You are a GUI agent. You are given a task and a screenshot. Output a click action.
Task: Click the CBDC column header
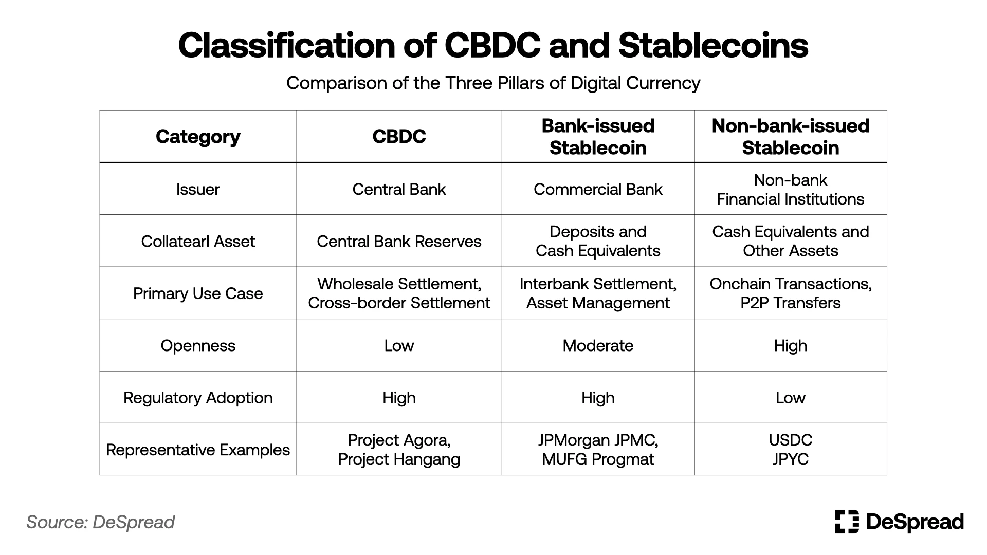[399, 137]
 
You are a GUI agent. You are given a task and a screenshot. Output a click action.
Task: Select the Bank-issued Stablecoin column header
[598, 137]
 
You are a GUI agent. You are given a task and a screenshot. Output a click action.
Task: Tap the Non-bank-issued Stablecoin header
[790, 137]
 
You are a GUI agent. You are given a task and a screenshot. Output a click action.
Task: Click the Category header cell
[198, 137]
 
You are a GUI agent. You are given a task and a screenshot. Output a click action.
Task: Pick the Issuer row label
[198, 190]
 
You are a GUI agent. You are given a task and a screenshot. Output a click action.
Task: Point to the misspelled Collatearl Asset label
[198, 242]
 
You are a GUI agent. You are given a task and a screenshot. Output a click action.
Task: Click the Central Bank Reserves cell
[399, 242]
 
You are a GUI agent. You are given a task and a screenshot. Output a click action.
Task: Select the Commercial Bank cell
[598, 190]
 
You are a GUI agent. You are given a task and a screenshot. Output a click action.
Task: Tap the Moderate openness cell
[598, 346]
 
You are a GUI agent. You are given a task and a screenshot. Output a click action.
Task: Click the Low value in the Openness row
[399, 346]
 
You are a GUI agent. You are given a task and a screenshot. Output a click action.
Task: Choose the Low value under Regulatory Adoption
[790, 398]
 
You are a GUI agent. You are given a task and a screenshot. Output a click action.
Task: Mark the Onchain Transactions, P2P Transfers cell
[790, 293]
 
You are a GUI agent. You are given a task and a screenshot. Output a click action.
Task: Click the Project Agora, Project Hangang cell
[399, 450]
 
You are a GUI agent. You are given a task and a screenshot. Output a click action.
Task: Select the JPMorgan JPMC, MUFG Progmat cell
[598, 450]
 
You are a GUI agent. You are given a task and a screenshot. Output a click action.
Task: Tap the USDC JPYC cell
[790, 450]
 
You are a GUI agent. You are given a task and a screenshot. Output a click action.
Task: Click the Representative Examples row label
[198, 450]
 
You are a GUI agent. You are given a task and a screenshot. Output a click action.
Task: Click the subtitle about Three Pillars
[493, 83]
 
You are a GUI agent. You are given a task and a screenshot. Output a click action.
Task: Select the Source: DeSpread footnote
[101, 522]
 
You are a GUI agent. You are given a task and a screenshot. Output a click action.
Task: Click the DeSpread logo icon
[847, 522]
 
